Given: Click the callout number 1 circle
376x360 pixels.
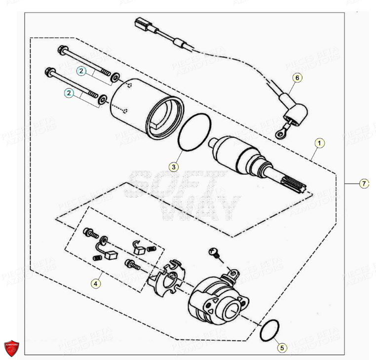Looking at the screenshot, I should coord(320,144).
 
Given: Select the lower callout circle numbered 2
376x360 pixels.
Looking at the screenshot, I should coord(70,92).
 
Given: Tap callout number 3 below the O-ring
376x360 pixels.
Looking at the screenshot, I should coord(173,167).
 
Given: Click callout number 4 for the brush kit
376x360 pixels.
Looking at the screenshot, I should coord(95,283).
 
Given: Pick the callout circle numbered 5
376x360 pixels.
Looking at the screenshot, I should coord(282,348).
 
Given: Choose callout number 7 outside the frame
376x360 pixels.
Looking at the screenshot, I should coord(364,184).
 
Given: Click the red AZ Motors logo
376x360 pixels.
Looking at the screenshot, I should coord(12,348).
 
